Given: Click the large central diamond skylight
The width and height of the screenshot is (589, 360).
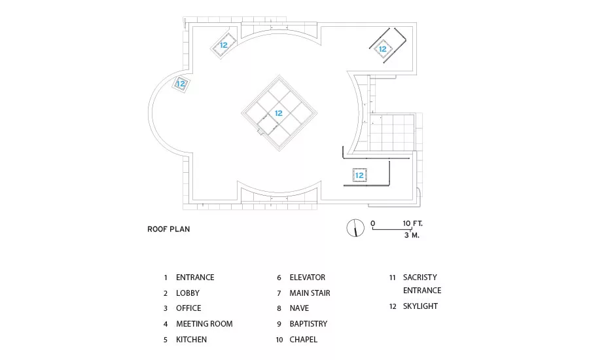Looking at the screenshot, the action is tap(279, 113).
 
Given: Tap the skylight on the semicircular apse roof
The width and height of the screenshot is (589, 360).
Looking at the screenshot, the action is tap(181, 83).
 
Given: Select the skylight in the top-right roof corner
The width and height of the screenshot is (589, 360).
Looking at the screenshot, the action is tap(383, 49).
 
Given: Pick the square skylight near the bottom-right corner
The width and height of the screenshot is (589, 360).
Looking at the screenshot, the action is tap(359, 175).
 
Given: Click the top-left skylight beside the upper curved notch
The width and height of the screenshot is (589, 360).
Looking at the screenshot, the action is tap(224, 45).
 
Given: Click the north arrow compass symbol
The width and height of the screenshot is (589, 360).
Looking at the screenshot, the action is tap(355, 228).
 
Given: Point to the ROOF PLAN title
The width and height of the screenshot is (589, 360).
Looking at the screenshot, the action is tap(169, 229).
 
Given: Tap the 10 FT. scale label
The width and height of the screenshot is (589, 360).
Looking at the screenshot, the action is tap(413, 223).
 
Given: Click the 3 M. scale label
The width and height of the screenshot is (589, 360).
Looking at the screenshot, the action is tap(412, 235).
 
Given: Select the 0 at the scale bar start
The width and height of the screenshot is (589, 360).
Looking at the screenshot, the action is tap(372, 223).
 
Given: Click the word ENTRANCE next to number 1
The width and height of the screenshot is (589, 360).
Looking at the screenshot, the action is tap(195, 278).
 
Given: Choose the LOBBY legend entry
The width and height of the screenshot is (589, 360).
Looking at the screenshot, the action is tap(188, 293).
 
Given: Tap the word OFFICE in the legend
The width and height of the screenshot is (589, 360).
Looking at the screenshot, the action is tap(188, 308).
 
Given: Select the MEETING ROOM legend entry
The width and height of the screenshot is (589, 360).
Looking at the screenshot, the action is tap(204, 324).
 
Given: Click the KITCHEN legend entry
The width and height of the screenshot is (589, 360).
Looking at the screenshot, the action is tap(191, 340).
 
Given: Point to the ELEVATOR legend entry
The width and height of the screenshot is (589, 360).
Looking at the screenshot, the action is tap(308, 278).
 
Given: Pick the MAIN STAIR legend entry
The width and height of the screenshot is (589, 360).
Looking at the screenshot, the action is tap(310, 293).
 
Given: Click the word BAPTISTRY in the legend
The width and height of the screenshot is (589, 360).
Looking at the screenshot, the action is tap(308, 324).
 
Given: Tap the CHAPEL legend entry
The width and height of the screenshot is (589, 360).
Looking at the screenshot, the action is tap(304, 340).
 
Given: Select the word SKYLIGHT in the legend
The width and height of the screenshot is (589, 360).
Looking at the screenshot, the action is tap(420, 306).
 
